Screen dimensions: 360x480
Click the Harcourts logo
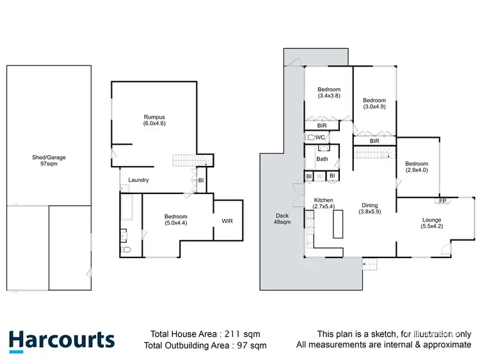61,340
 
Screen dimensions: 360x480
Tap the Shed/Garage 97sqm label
49,160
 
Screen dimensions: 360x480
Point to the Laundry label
138,180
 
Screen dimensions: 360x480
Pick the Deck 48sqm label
282,218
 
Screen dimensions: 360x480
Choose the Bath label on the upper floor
322,159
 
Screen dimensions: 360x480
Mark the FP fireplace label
442,201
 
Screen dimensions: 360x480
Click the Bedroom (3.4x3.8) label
328,92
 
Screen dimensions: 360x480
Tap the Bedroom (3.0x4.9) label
374,103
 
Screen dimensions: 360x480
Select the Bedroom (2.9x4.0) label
416,167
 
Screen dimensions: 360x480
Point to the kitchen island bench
338,223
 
